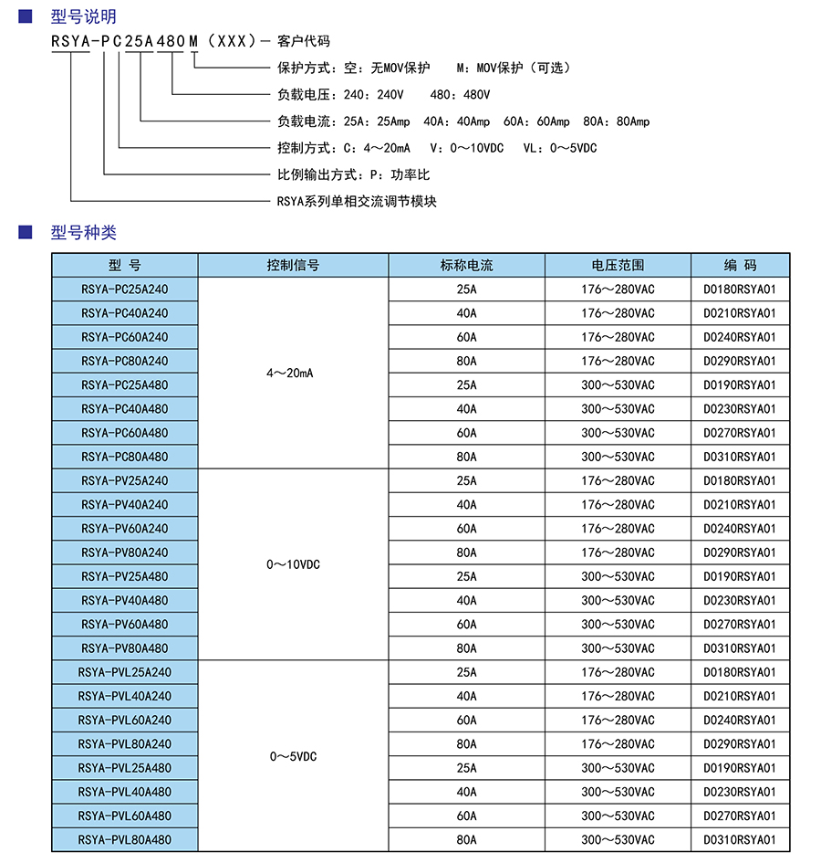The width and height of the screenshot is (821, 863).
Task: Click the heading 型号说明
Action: click(84, 16)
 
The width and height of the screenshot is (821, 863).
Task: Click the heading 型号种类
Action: click(84, 233)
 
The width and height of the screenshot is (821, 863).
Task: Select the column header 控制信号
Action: click(293, 265)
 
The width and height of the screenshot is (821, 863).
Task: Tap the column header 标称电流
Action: click(466, 265)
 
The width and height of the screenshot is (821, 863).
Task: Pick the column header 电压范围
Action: click(618, 265)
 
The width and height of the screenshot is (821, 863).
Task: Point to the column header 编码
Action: click(740, 265)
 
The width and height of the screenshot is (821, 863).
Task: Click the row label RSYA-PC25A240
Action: click(125, 289)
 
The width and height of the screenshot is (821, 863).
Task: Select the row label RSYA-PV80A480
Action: click(125, 648)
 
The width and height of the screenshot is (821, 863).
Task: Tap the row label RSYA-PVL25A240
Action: click(125, 672)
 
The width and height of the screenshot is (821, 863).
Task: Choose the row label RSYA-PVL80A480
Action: click(125, 839)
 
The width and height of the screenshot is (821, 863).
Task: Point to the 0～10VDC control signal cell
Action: click(293, 564)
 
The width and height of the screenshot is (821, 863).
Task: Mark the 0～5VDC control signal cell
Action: click(293, 756)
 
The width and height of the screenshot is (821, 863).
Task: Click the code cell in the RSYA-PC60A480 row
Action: click(740, 433)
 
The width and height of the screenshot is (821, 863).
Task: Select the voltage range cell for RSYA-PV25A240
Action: click(618, 480)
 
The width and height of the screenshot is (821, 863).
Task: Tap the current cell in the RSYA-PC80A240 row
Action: click(466, 361)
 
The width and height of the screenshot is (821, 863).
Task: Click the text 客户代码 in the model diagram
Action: click(303, 41)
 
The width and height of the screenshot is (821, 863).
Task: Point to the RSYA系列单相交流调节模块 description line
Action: click(357, 201)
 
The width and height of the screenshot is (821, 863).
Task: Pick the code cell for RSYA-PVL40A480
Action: click(740, 792)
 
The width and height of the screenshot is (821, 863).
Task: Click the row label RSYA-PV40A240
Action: click(125, 504)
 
